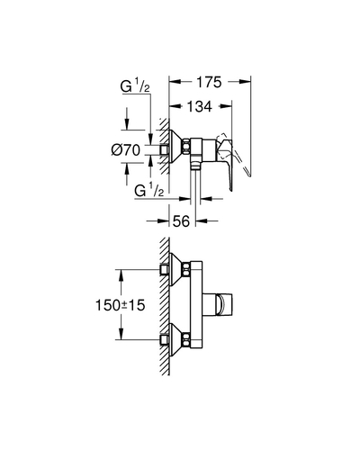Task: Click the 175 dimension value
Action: [x=209, y=82]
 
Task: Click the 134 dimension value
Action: [x=200, y=106]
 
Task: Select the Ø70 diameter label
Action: [x=126, y=150]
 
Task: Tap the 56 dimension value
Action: [x=182, y=221]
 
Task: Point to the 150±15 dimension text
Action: [x=121, y=305]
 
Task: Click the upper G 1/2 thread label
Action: [x=135, y=86]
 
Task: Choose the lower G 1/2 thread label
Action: [x=149, y=191]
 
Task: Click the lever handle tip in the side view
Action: [x=230, y=188]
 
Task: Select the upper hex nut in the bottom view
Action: [x=186, y=269]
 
